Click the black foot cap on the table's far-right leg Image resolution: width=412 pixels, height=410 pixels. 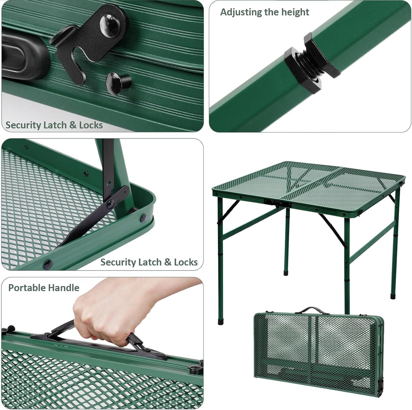393,297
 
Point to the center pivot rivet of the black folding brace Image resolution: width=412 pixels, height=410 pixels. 110,204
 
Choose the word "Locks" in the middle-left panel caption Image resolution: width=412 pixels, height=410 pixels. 186,262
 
